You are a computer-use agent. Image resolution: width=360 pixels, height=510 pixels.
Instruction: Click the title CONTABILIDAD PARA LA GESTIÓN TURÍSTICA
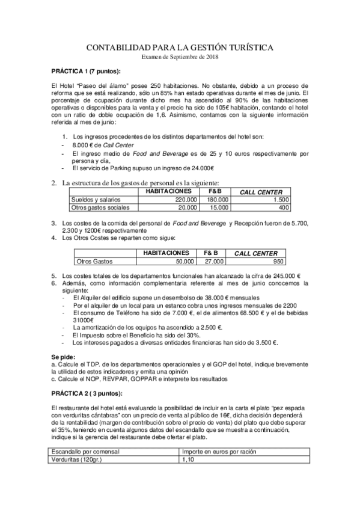click(x=180, y=47)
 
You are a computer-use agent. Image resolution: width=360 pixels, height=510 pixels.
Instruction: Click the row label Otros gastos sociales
click(x=100, y=207)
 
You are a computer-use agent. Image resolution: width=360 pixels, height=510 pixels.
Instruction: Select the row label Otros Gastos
click(x=96, y=262)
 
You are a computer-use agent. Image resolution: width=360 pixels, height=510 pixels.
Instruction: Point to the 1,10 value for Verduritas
click(x=188, y=459)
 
